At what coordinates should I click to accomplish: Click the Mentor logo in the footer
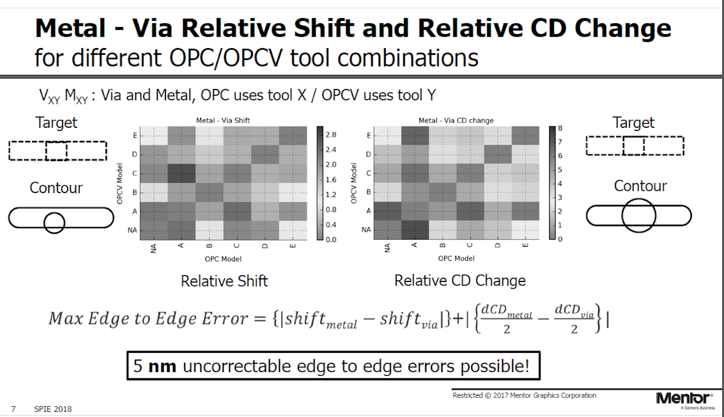[x=685, y=400]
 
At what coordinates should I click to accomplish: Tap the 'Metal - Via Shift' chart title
[x=223, y=121]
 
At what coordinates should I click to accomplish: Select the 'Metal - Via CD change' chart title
[x=456, y=121]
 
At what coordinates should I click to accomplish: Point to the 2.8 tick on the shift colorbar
[x=331, y=135]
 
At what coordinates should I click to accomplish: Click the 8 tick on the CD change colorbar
[x=560, y=128]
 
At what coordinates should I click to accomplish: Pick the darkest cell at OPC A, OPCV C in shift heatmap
[x=182, y=174]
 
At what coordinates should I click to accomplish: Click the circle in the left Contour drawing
[x=54, y=222]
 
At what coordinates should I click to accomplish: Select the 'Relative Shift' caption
[x=224, y=281]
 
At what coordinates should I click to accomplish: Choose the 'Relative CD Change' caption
[x=460, y=280]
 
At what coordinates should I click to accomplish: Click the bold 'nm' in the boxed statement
[x=162, y=367]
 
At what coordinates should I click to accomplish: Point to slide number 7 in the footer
[x=13, y=409]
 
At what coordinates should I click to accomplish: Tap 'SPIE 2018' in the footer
[x=53, y=409]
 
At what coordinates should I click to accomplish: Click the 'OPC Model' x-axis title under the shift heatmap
[x=223, y=259]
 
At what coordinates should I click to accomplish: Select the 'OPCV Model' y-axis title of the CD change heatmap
[x=354, y=183]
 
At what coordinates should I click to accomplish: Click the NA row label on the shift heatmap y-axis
[x=132, y=230]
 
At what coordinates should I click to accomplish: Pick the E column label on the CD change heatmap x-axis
[x=525, y=245]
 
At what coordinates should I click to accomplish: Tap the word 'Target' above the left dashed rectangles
[x=56, y=123]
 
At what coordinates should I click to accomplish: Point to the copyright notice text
[x=524, y=395]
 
